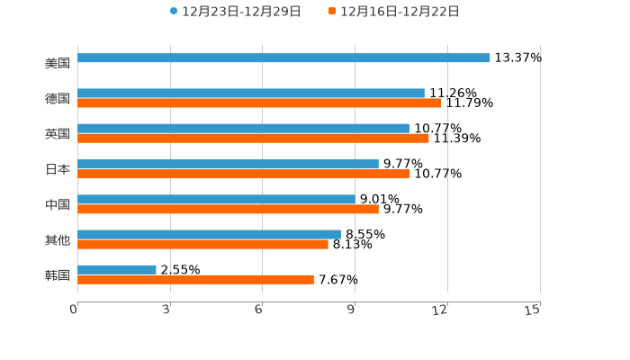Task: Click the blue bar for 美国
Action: [x=283, y=58]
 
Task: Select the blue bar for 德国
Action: [x=251, y=93]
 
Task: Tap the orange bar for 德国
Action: [x=259, y=103]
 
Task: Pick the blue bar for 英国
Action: [x=244, y=128]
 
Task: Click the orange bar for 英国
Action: [x=253, y=138]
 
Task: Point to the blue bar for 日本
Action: [x=228, y=164]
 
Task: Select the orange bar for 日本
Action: [x=244, y=174]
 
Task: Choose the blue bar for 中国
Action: [x=216, y=199]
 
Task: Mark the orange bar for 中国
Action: [x=228, y=209]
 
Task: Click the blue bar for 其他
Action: [x=209, y=234]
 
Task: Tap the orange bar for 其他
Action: [x=202, y=244]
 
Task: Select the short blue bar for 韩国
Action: [x=117, y=269]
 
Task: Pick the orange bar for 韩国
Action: [x=195, y=279]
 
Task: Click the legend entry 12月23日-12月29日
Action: [x=235, y=12]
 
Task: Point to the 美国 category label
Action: [x=58, y=63]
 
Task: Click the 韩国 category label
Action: [x=58, y=274]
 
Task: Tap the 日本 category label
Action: [x=58, y=169]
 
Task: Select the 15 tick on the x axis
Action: [x=533, y=310]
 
